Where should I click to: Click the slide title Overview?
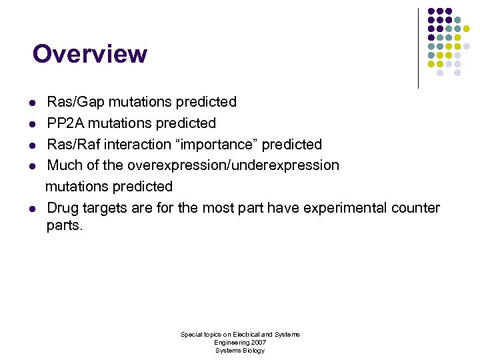coord(89,54)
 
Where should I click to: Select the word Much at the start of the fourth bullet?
coord(63,165)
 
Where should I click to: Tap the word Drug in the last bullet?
coord(62,208)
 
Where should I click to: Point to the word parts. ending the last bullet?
coord(65,226)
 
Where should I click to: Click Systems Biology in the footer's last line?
coord(240,350)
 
